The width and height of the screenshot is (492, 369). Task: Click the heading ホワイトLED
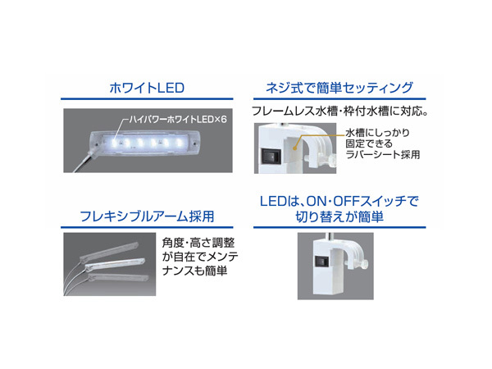(148, 86)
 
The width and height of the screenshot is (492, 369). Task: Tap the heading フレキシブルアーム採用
(148, 216)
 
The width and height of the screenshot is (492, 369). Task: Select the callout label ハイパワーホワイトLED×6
(175, 119)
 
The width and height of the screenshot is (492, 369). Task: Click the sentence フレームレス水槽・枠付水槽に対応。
(342, 110)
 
